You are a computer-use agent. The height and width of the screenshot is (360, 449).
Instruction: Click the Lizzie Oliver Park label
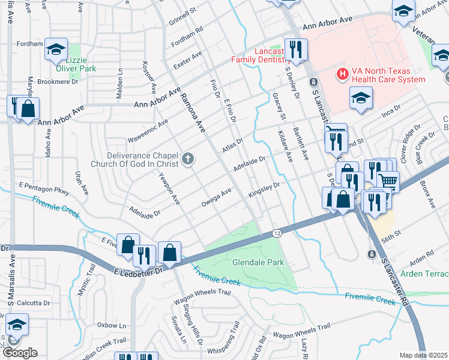click(80, 65)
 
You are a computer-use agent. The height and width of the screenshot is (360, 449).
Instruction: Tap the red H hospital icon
click(342, 74)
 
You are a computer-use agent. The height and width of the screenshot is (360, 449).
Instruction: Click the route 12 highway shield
click(277, 232)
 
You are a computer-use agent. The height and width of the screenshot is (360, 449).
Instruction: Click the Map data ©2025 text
click(424, 355)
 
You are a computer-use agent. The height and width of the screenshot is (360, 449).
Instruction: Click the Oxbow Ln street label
click(112, 325)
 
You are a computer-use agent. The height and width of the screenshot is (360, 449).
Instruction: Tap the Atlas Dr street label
click(232, 145)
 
